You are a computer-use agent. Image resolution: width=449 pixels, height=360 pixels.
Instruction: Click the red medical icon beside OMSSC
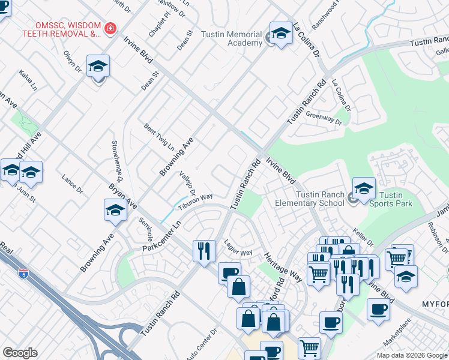coord(110,28)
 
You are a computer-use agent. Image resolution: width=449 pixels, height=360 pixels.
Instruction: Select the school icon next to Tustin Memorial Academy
coord(280,34)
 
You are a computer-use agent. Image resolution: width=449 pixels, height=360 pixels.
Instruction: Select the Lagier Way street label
coord(238,248)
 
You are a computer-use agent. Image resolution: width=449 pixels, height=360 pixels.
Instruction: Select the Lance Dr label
coord(72,184)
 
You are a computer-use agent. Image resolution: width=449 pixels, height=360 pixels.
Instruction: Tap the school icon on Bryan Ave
coord(115,211)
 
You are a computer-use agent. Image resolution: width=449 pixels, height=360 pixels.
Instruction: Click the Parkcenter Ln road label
coord(161,238)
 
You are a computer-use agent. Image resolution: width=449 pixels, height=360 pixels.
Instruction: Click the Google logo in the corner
coord(20,353)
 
